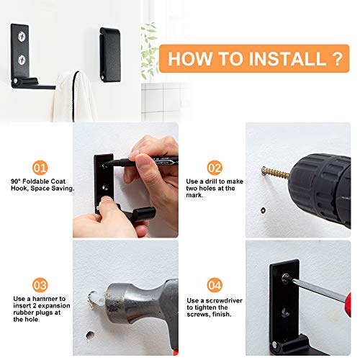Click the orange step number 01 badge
tap(40, 168)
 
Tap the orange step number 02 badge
tap(215, 168)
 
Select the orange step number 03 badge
tap(40, 285)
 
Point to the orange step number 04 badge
tap(215, 285)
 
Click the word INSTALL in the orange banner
tap(287, 58)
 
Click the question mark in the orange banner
tap(338, 58)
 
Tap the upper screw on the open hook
tap(22, 37)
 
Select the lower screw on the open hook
tap(22, 60)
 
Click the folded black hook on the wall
tap(110, 55)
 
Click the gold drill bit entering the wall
tap(276, 172)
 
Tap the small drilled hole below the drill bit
tap(264, 210)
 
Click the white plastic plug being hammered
tap(96, 300)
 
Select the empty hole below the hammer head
tap(90, 336)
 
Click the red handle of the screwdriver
tap(348, 305)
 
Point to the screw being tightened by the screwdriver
tap(286, 277)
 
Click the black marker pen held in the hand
tap(142, 161)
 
